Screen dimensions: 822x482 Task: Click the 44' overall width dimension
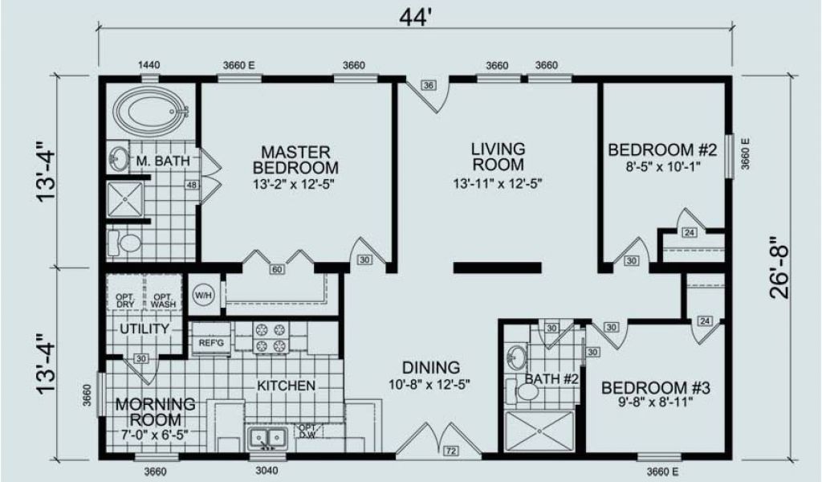(414, 18)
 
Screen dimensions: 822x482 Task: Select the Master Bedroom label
(295, 160)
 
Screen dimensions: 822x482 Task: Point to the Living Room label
(498, 157)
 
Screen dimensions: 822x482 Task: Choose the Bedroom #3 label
(655, 388)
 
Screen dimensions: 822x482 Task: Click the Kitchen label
(287, 386)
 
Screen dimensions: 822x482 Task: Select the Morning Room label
(155, 412)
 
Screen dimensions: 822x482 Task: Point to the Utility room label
(144, 329)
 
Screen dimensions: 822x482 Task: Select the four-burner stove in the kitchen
(271, 337)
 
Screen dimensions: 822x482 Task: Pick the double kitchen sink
(268, 438)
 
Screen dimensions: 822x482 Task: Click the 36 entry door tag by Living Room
(429, 85)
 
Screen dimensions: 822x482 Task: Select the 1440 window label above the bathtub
(149, 65)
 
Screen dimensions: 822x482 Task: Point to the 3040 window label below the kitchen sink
(267, 471)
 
